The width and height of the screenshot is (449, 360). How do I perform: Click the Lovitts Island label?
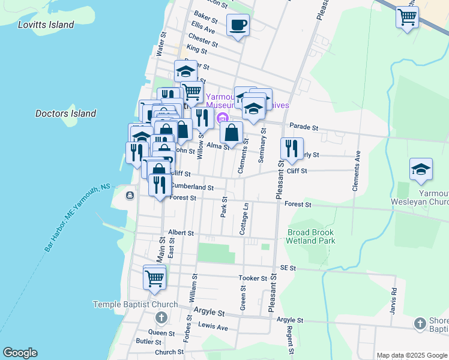(46, 25)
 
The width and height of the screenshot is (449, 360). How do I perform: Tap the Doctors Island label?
(65, 113)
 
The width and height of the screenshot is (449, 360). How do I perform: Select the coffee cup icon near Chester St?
(238, 26)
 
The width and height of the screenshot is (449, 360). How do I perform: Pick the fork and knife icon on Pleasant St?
(292, 149)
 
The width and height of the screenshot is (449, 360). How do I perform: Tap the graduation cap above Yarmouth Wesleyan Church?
(421, 170)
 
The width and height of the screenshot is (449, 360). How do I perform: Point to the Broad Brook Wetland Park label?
(311, 236)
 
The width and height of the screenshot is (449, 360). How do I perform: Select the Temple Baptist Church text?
(135, 304)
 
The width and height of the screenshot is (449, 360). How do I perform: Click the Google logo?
(20, 353)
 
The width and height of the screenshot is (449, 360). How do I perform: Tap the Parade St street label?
(303, 127)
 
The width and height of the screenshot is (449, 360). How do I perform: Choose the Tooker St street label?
(252, 278)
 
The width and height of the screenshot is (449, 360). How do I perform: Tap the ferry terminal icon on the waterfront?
(130, 195)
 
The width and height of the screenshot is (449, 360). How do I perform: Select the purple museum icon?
(222, 117)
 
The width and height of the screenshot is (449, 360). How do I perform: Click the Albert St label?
(181, 232)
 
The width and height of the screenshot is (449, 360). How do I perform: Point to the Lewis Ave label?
(214, 328)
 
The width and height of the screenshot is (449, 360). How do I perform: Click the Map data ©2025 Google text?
(411, 355)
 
